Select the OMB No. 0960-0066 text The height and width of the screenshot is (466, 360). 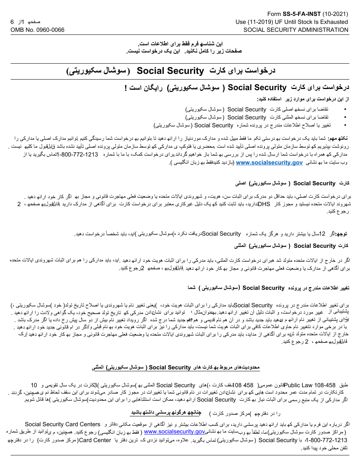tap(38, 30)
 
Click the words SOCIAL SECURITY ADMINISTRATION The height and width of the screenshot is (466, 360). tap(296, 30)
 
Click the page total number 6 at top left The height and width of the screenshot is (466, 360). tap(12, 22)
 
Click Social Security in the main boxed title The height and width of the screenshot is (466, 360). tap(170, 71)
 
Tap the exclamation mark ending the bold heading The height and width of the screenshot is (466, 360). tap(126, 88)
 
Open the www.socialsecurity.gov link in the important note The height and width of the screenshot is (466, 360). tap(269, 163)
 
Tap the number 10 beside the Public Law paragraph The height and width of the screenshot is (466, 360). tap(34, 385)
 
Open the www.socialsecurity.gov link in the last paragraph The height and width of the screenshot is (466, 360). tap(174, 432)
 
